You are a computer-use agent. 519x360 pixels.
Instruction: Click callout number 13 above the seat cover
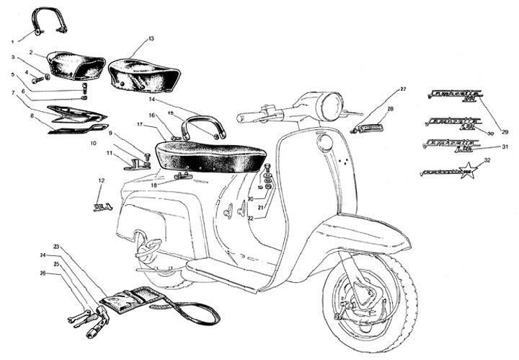(x=151, y=38)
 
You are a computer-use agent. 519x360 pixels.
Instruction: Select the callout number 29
(x=505, y=131)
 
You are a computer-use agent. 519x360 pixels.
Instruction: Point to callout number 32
(x=488, y=160)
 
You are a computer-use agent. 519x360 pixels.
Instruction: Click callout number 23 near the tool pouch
(x=56, y=247)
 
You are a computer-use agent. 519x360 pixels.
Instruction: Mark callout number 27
(x=403, y=89)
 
